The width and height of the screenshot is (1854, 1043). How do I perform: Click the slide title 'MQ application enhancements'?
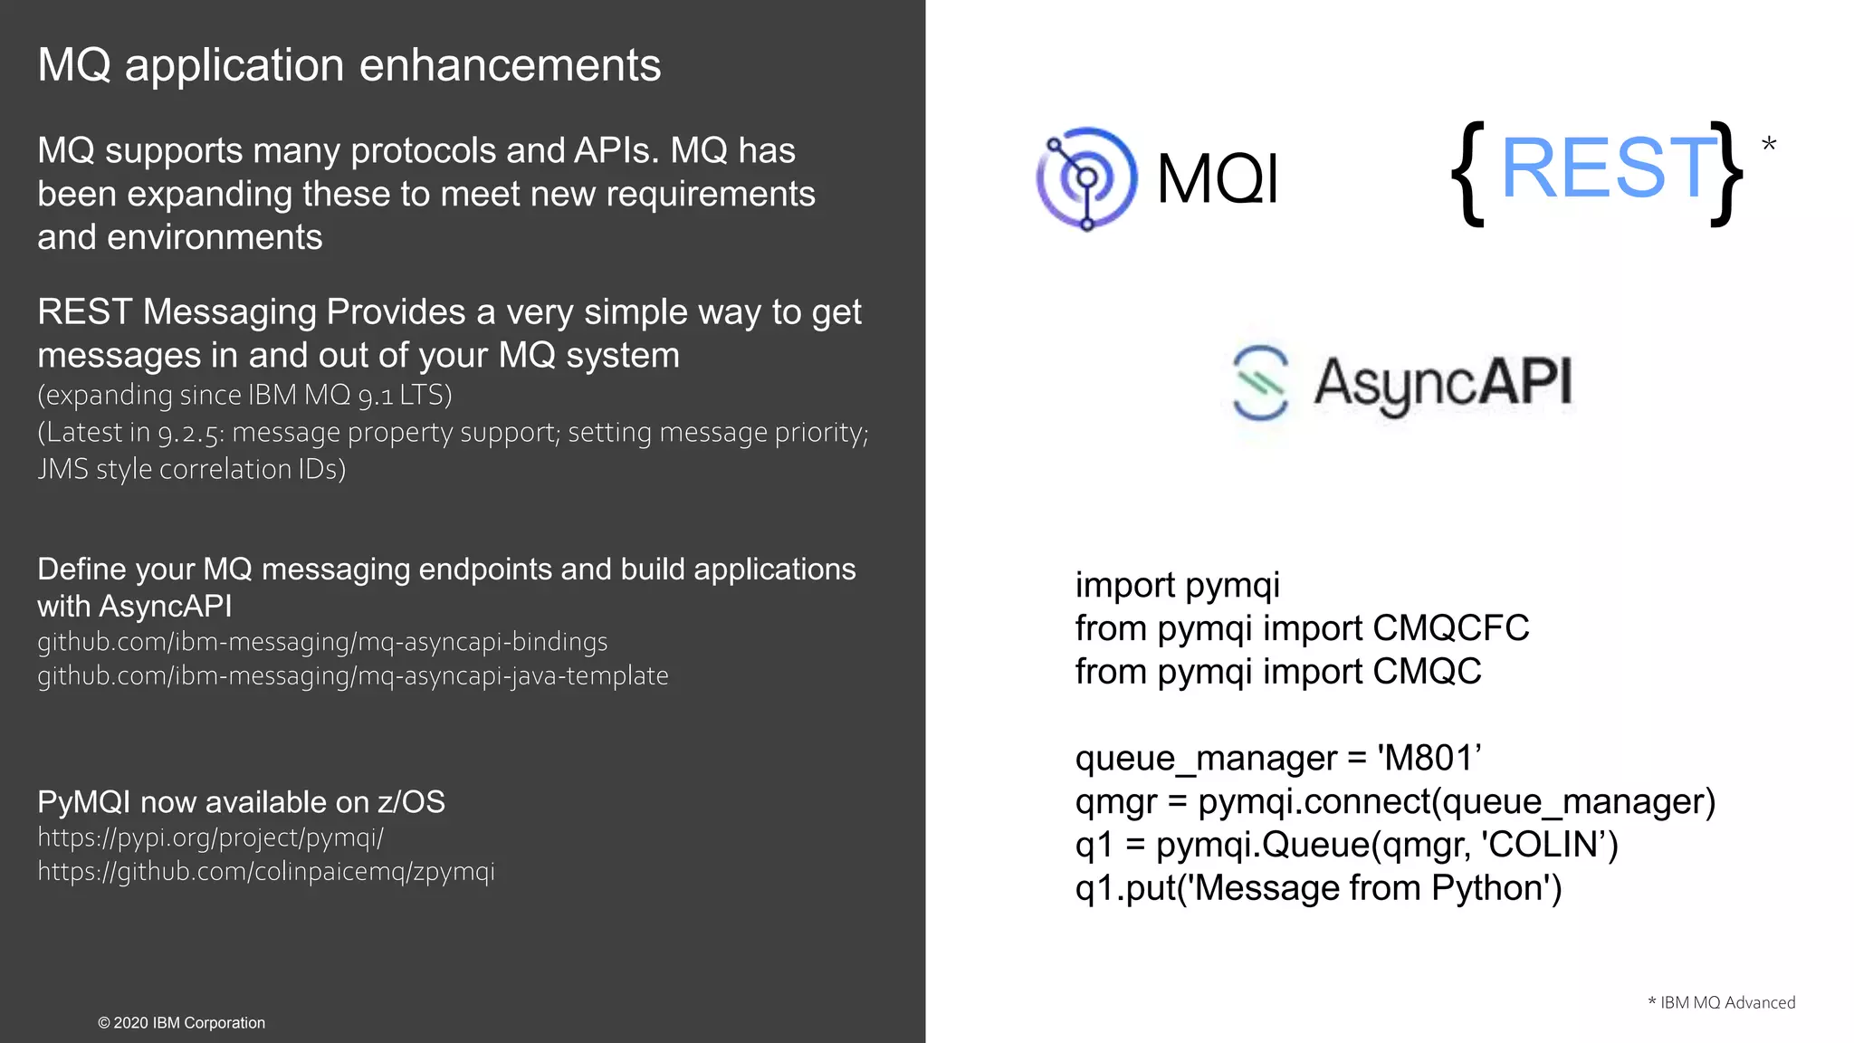(x=349, y=65)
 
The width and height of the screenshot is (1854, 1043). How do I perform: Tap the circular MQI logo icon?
(x=1086, y=177)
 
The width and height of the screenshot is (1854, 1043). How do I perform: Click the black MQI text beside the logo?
(x=1218, y=178)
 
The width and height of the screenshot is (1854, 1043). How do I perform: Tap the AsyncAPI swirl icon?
(x=1260, y=383)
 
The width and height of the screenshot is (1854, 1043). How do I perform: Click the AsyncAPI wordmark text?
(x=1443, y=383)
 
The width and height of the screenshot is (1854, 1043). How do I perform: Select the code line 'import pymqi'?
(x=1177, y=586)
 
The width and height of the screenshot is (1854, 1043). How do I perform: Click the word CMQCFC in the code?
(x=1450, y=628)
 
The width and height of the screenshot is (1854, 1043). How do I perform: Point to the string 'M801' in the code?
(x=1429, y=758)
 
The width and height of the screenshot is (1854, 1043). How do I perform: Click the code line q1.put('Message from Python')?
(x=1318, y=888)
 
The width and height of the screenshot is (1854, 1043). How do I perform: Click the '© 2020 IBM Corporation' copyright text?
(x=181, y=1023)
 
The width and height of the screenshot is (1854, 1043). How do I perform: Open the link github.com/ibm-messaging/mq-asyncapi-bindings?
(x=322, y=642)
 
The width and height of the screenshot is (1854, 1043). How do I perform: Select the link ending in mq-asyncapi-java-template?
(x=353, y=676)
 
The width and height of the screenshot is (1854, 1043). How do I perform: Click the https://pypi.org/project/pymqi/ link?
(x=210, y=837)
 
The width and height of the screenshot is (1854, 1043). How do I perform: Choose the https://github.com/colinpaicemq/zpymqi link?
(x=266, y=872)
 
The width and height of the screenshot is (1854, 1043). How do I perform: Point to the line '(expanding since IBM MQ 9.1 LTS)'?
(x=244, y=396)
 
